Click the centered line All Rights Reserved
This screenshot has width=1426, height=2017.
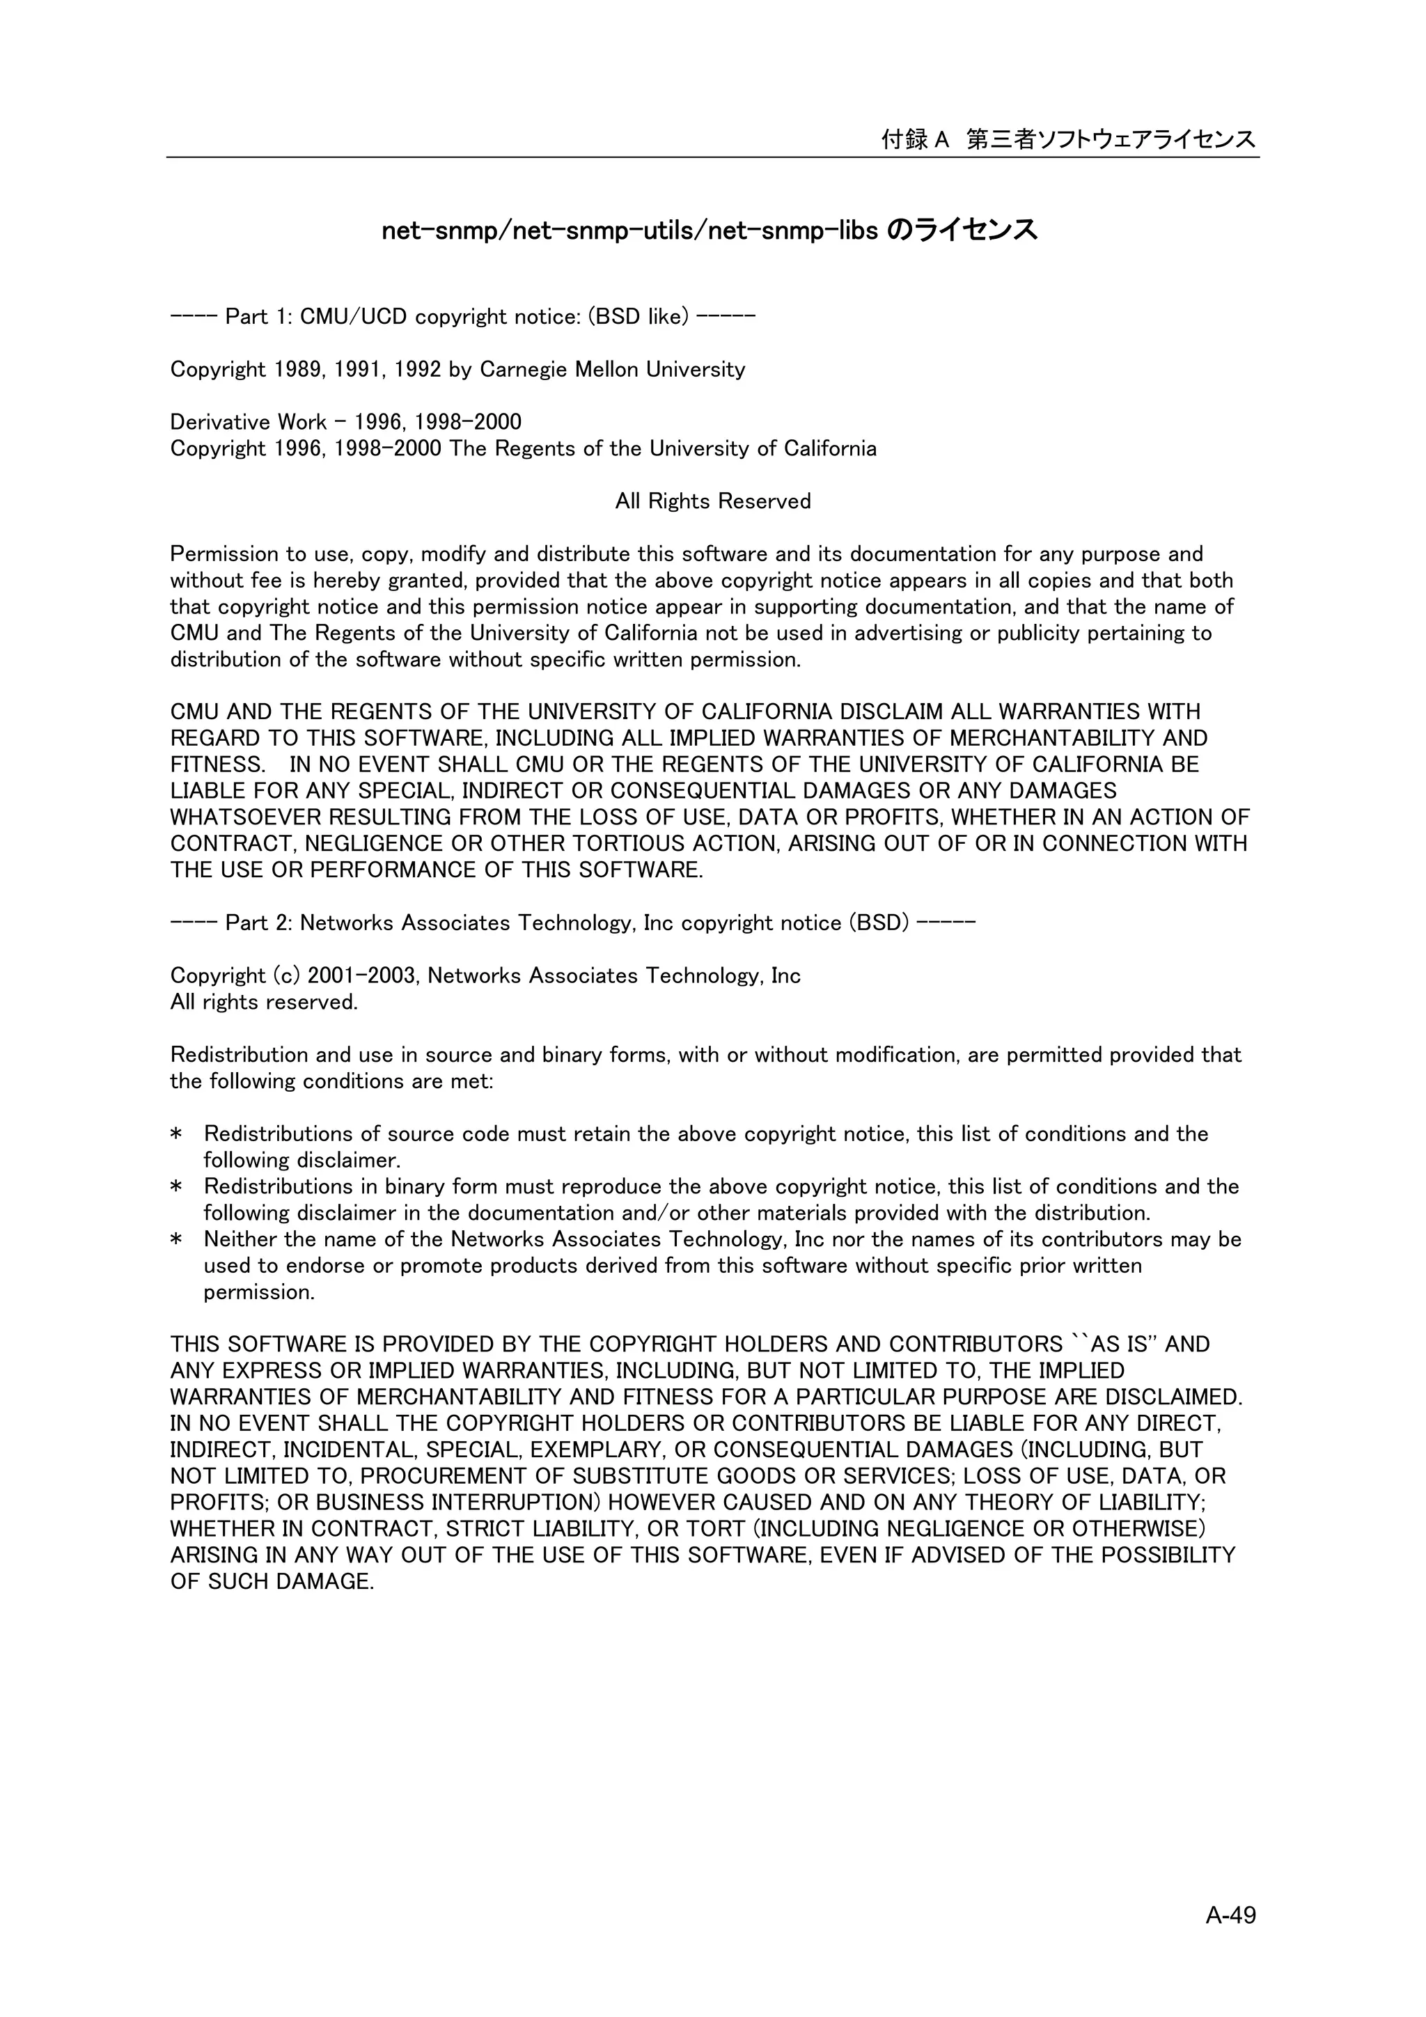click(712, 501)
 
